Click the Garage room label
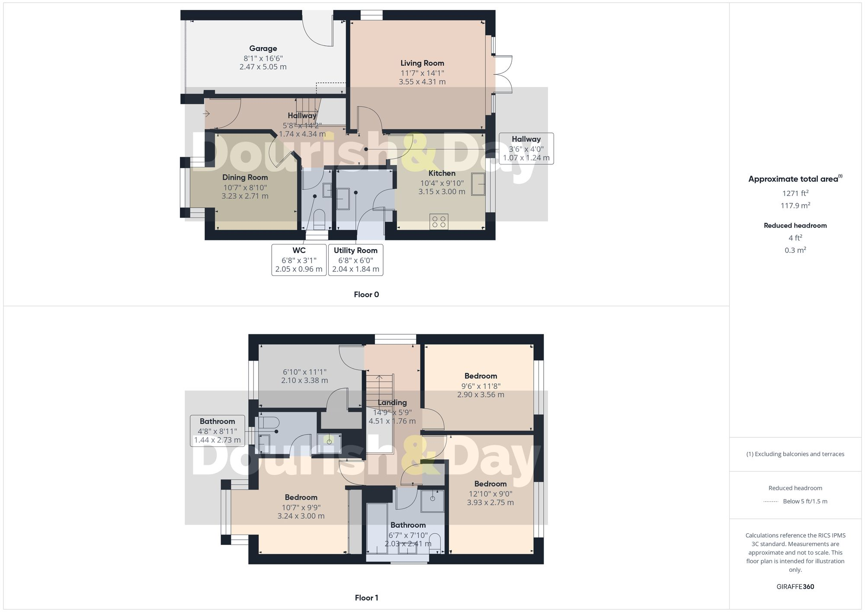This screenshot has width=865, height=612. tap(263, 48)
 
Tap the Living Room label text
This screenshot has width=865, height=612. tap(422, 63)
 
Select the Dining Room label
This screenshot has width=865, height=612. tap(245, 177)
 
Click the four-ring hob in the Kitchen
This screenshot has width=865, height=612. tap(439, 222)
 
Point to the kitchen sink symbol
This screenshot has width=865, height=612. tap(478, 184)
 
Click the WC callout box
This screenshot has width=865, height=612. tap(299, 260)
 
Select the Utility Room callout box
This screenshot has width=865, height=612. tap(356, 260)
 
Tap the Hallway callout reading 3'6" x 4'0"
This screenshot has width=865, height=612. tap(526, 148)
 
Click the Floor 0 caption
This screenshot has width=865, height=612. tap(366, 295)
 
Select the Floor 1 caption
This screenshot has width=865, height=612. tap(366, 598)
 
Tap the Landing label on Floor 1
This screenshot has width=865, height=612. tap(392, 403)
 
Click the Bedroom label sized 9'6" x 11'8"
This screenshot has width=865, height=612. tap(481, 376)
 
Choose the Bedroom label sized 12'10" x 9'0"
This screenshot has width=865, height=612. tap(490, 484)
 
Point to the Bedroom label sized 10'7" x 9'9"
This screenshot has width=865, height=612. tap(301, 497)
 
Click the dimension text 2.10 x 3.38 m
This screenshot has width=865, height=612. tap(304, 381)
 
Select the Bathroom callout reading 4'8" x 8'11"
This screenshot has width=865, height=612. tap(217, 431)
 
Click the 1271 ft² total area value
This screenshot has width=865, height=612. tap(795, 193)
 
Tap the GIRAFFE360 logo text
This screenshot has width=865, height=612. tap(795, 587)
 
